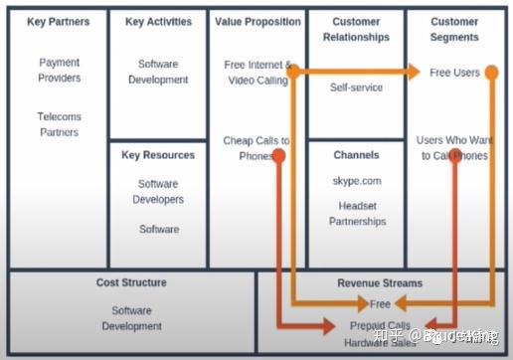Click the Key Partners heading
click(x=59, y=21)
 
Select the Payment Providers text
click(x=59, y=70)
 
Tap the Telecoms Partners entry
click(x=59, y=124)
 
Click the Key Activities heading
click(x=158, y=21)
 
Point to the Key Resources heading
click(x=158, y=155)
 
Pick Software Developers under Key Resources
click(x=158, y=192)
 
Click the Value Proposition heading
click(x=257, y=21)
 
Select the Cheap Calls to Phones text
click(x=256, y=148)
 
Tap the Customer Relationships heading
click(x=356, y=28)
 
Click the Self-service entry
click(x=356, y=88)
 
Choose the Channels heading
click(x=356, y=155)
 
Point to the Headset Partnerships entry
click(x=356, y=214)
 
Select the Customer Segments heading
click(x=454, y=28)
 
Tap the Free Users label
click(x=454, y=73)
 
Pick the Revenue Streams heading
click(x=380, y=283)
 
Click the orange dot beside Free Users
click(x=490, y=73)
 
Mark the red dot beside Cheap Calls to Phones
click(x=279, y=155)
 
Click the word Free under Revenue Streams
click(x=380, y=304)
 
